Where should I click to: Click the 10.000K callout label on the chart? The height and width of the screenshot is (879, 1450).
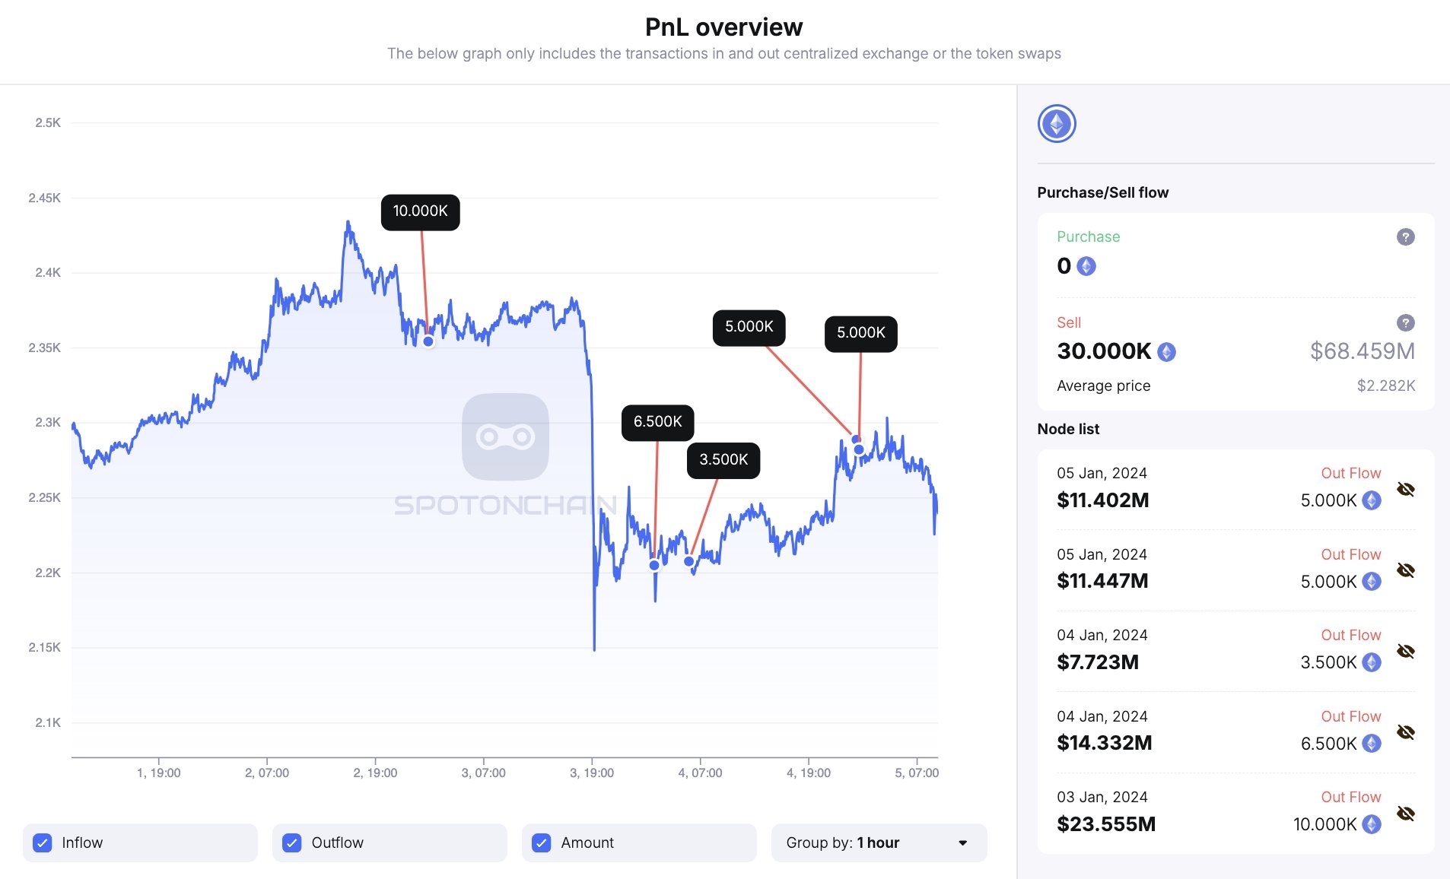pos(420,211)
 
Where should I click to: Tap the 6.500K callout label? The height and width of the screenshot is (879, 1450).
pos(657,422)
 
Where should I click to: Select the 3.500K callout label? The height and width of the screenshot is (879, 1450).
pos(723,460)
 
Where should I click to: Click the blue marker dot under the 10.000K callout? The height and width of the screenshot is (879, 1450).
pos(428,341)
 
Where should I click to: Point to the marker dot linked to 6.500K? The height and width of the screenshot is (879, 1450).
pos(654,565)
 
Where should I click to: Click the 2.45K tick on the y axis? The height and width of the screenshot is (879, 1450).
pos(45,198)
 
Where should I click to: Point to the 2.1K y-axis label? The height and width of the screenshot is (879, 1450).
pos(48,722)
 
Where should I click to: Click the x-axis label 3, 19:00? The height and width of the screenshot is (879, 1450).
pos(592,773)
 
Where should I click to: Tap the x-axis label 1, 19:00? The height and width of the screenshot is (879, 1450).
pos(159,773)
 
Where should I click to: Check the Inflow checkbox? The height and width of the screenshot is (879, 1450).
pos(43,843)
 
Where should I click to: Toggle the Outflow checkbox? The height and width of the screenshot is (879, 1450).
pos(292,843)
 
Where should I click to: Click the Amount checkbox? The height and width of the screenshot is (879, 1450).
pos(542,843)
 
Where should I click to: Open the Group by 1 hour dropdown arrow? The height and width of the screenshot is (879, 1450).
pos(962,843)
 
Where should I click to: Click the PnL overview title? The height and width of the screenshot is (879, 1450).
pos(723,27)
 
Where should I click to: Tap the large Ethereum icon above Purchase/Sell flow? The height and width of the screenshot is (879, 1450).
pos(1057,124)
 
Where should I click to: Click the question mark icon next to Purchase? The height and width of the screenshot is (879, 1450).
pos(1405,237)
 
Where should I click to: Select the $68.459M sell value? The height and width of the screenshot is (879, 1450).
pos(1362,351)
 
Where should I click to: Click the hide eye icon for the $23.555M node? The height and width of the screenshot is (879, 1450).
pos(1405,813)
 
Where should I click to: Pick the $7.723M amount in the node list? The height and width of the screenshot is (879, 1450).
pos(1098,662)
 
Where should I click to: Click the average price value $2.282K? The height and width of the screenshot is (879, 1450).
pos(1385,386)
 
